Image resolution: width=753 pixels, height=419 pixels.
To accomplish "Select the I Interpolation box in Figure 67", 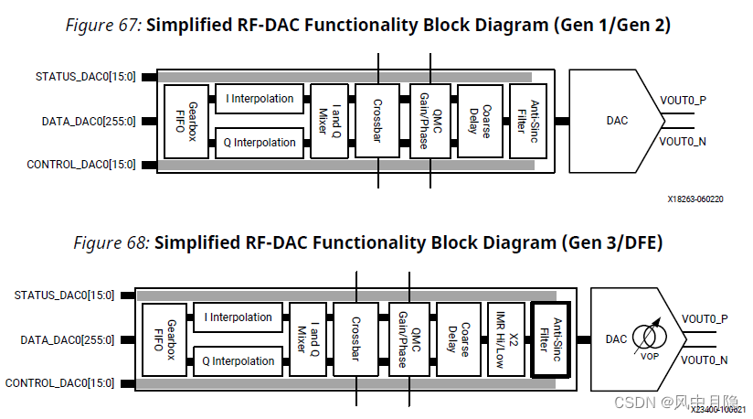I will [x=260, y=99].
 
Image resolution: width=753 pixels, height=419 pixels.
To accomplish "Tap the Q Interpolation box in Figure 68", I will [x=239, y=361].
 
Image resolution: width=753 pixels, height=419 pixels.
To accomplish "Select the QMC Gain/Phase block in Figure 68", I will [x=404, y=338].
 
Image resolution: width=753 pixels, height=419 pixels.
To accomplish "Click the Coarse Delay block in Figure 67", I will [x=478, y=120].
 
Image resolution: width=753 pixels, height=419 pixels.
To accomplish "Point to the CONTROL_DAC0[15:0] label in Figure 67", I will [x=81, y=165].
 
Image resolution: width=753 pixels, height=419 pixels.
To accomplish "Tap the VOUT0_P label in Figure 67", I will [x=683, y=99].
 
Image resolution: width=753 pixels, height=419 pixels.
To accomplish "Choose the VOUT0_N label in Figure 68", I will [x=705, y=360].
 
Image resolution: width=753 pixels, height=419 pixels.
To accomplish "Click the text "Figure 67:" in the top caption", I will [x=103, y=25].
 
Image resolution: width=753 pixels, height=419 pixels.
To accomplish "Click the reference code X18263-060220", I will [x=695, y=198].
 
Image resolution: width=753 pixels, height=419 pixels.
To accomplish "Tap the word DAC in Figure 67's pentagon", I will [x=617, y=120].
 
